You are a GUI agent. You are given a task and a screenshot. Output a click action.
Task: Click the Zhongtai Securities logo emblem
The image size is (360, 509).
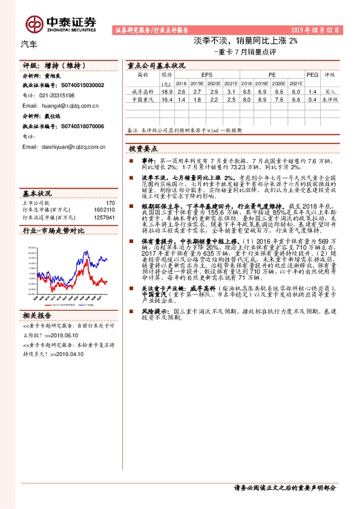coord(34,23)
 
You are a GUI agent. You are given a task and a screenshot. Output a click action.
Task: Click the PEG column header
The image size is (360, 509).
coord(312,75)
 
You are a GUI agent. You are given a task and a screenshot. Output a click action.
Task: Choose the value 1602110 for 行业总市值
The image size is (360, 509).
coord(105,210)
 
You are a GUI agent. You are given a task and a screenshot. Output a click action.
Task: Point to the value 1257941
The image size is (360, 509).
coord(105,216)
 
